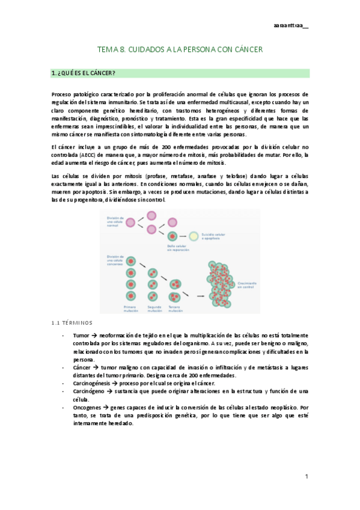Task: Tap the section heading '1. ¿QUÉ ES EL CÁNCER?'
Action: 84,73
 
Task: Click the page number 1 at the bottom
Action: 306,476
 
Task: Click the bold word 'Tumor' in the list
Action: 81,335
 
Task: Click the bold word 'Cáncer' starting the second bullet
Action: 82,367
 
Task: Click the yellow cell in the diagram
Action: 194,236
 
